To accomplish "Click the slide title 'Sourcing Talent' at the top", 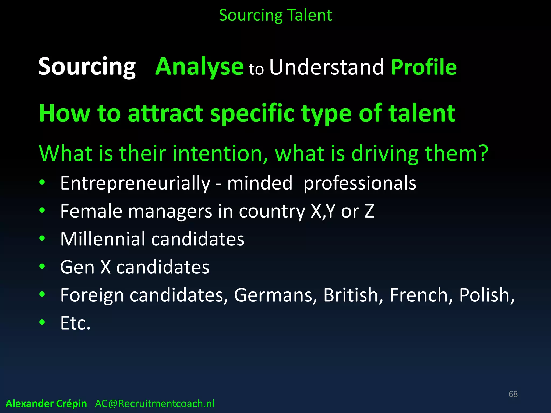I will [275, 15].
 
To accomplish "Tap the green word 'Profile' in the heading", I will [424, 67].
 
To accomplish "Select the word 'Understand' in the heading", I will [326, 67].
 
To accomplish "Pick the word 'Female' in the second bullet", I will [91, 211].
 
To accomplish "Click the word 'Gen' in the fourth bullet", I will [77, 267].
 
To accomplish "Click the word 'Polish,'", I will [486, 295].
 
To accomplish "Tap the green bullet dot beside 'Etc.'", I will [42, 322].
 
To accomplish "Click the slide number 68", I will [513, 394].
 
